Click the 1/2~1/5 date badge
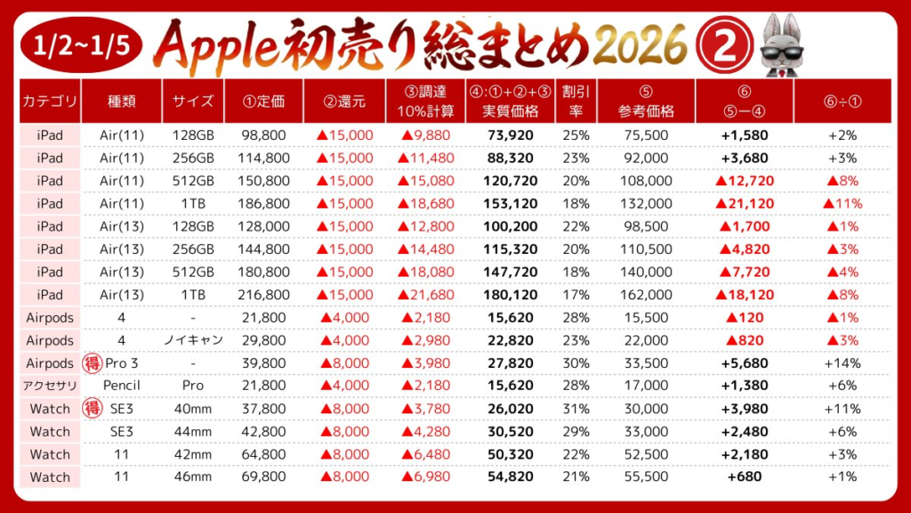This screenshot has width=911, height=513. (77, 43)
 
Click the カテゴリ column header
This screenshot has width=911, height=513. (50, 102)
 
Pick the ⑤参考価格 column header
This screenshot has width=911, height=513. (646, 102)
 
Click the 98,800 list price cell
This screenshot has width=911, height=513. (264, 135)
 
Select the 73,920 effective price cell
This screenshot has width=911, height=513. (511, 135)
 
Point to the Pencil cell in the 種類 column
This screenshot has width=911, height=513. (121, 386)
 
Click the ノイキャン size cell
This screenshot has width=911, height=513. (189, 340)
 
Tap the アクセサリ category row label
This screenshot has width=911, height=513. (50, 386)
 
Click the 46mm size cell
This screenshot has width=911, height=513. (189, 476)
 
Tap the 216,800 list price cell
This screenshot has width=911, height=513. (264, 295)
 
